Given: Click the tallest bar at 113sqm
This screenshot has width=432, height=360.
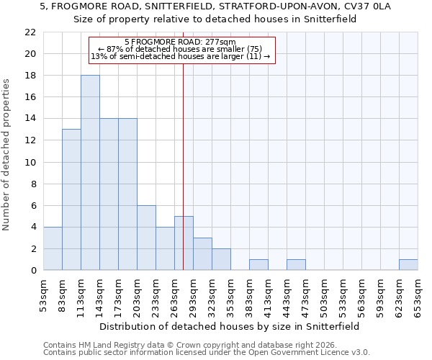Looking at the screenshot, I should point(90,173).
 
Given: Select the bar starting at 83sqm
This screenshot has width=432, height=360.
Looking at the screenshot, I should point(71,199).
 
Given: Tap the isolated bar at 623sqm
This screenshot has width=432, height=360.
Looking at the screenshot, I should point(408,265).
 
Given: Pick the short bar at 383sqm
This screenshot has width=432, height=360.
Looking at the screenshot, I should point(258,265).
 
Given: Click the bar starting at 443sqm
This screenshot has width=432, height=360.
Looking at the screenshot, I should point(296,265).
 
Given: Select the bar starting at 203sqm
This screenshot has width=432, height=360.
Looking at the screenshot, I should point(146,238).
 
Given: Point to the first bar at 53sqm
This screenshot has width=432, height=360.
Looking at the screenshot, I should point(53,248).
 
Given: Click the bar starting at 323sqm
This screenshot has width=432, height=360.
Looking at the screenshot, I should point(221,259).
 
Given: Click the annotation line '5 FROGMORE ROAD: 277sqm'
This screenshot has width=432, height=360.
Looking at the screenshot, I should point(180,42).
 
